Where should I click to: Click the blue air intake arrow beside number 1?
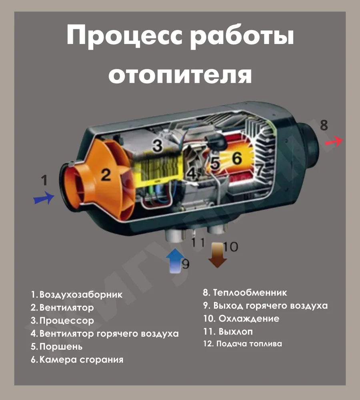pyautogui.click(x=44, y=198)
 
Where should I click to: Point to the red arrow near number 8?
pyautogui.click(x=334, y=141)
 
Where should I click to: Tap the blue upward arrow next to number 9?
pyautogui.click(x=175, y=260)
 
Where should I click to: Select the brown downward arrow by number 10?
pyautogui.click(x=217, y=255)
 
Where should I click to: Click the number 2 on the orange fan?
pyautogui.click(x=106, y=175)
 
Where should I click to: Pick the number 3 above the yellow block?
pyautogui.click(x=158, y=146)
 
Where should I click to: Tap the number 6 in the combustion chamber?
pyautogui.click(x=237, y=158)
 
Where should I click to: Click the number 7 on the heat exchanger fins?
pyautogui.click(x=259, y=169)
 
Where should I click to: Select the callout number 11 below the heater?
pyautogui.click(x=198, y=242)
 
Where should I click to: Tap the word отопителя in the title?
pyautogui.click(x=180, y=75)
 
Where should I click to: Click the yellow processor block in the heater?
pyautogui.click(x=160, y=167)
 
